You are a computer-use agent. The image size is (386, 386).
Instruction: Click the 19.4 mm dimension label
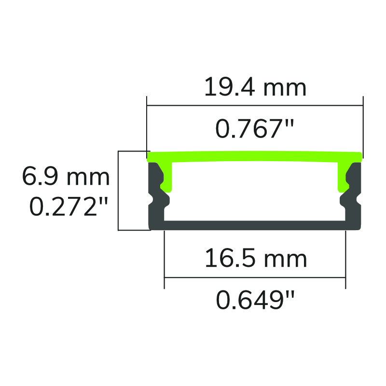[x=255, y=88]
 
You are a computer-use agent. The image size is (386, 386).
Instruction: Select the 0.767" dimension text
[x=255, y=129]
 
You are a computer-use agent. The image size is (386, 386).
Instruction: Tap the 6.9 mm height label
[x=66, y=177]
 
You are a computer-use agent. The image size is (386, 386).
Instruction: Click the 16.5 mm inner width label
[x=256, y=259]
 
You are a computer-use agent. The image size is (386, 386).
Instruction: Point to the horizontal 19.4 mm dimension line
[x=255, y=105]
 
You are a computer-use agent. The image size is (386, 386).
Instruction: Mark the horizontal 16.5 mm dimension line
[x=255, y=277]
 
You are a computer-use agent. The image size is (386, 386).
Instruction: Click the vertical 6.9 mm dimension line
[x=118, y=191]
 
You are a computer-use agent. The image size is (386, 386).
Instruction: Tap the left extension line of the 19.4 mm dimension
[x=147, y=125]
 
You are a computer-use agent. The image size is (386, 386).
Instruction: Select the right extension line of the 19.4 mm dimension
[x=363, y=125]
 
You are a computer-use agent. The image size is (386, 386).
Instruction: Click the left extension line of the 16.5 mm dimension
[x=165, y=261]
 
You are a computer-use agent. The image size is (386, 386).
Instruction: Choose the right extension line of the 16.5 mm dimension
[x=345, y=261]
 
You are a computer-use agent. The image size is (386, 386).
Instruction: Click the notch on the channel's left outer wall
[x=150, y=198]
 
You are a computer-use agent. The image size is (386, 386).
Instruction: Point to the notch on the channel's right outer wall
[x=359, y=198]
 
